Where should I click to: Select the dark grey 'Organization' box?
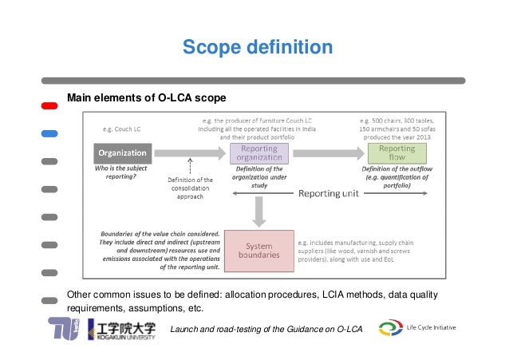pyautogui.click(x=121, y=152)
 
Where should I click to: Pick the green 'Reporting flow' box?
pyautogui.click(x=397, y=152)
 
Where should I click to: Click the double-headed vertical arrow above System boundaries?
pyautogui.click(x=258, y=211)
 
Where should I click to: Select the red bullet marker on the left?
pyautogui.click(x=49, y=106)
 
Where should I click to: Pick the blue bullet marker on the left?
pyautogui.click(x=49, y=133)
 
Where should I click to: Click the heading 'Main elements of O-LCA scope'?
pyautogui.click(x=146, y=97)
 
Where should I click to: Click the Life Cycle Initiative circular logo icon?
pyautogui.click(x=392, y=328)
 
